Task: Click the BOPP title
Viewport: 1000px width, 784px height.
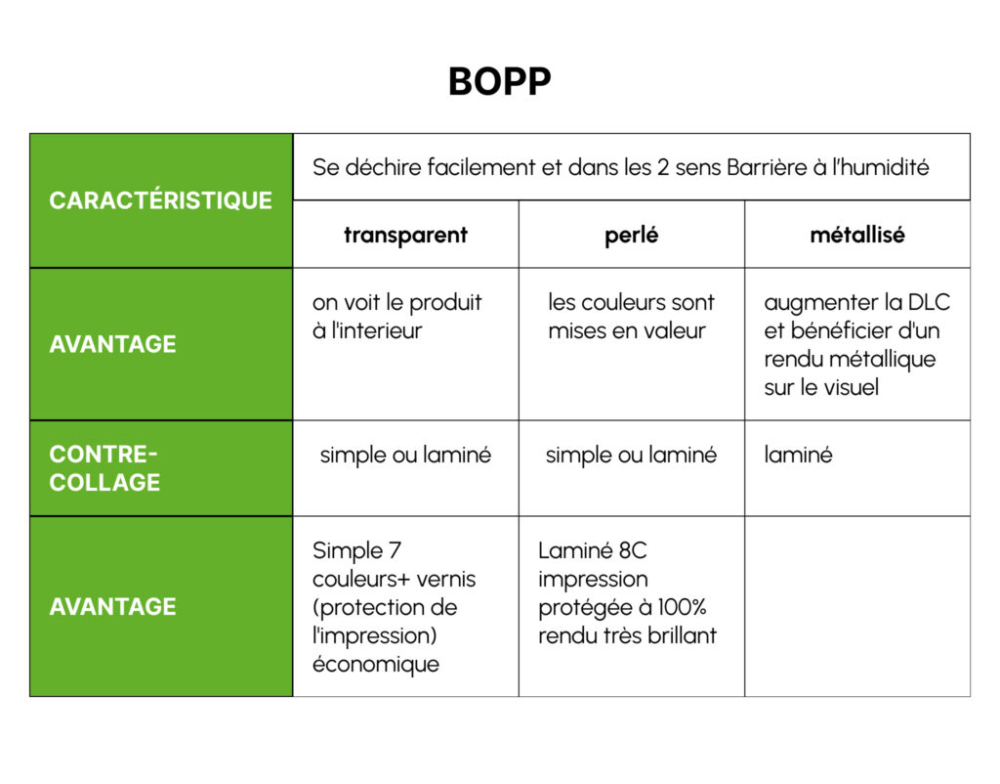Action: [499, 82]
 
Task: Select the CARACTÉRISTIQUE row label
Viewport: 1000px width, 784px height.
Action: [161, 200]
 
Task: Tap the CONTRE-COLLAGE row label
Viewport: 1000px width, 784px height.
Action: [104, 468]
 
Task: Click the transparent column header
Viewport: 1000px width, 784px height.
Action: [405, 235]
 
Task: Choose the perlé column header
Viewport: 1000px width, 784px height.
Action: [632, 236]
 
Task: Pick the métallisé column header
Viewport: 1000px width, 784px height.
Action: [857, 235]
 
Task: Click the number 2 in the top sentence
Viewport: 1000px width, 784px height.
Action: [663, 167]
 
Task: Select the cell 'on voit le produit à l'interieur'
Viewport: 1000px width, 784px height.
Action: [396, 317]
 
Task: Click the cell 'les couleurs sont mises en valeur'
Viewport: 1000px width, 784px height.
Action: [632, 317]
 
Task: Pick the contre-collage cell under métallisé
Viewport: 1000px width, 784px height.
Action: [798, 456]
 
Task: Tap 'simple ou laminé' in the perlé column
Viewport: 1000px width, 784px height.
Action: [632, 456]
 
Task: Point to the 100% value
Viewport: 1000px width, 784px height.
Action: [682, 607]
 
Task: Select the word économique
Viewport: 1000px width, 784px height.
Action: [376, 665]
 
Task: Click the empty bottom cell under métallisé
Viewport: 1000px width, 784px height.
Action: [857, 606]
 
